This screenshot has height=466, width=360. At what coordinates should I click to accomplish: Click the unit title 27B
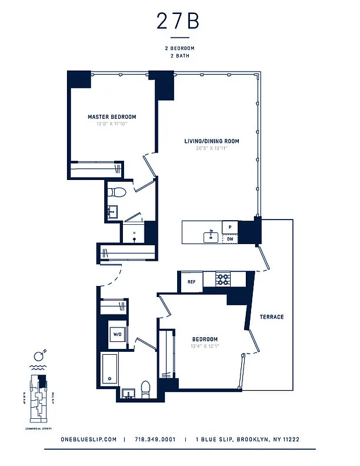(x=178, y=22)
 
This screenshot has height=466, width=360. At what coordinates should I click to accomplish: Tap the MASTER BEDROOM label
(x=112, y=117)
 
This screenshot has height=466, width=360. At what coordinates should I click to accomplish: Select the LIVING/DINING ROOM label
(x=211, y=141)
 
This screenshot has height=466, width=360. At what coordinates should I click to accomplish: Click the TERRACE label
(x=271, y=317)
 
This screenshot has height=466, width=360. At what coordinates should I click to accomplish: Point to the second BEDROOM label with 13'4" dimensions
(x=204, y=339)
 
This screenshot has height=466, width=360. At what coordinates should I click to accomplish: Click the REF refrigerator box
(x=190, y=282)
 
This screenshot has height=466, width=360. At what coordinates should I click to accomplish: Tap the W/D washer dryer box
(x=117, y=335)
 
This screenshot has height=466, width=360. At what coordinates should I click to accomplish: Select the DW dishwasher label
(x=230, y=239)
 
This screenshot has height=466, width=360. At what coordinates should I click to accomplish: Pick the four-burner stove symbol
(x=224, y=279)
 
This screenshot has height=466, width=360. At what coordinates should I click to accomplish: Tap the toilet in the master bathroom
(x=118, y=192)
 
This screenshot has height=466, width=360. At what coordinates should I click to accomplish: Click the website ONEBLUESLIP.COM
(x=89, y=440)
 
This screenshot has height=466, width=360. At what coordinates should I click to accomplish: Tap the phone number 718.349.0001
(x=155, y=440)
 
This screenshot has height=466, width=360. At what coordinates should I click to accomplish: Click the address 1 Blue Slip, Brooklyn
(x=248, y=440)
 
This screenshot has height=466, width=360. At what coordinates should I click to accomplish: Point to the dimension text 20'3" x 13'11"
(x=211, y=148)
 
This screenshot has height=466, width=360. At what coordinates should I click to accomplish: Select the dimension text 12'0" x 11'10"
(x=112, y=124)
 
